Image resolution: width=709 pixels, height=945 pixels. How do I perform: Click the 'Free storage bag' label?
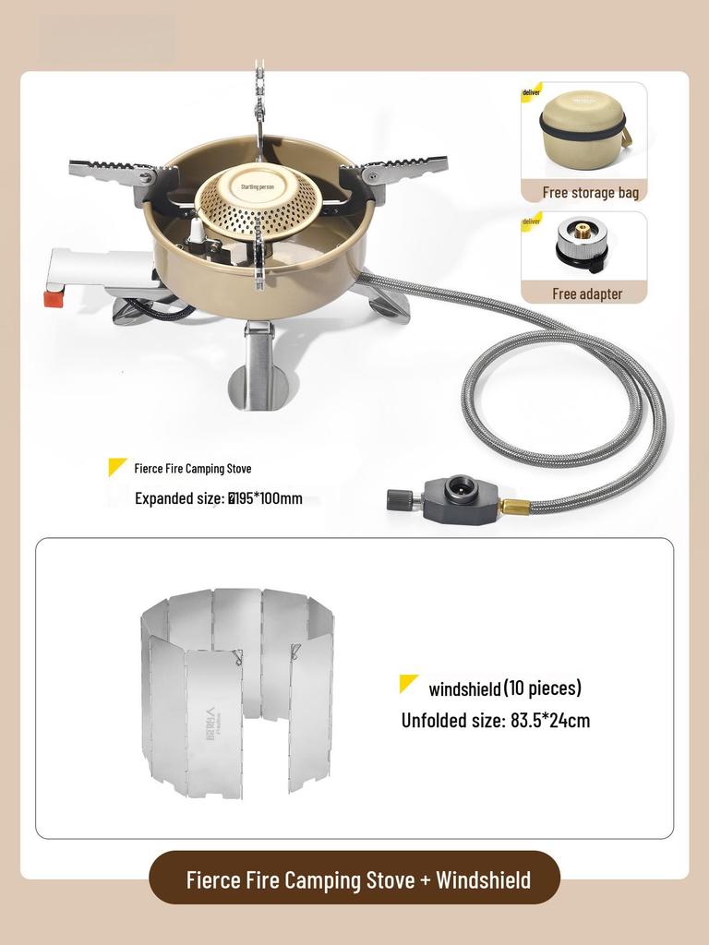pyautogui.click(x=591, y=193)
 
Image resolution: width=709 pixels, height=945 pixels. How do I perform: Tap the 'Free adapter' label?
pyautogui.click(x=587, y=294)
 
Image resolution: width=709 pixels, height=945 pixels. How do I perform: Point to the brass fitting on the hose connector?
pyautogui.click(x=514, y=506)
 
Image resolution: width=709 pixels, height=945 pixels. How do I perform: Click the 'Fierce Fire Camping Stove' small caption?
pyautogui.click(x=192, y=469)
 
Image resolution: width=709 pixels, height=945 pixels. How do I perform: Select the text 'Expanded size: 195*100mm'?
pyautogui.click(x=219, y=499)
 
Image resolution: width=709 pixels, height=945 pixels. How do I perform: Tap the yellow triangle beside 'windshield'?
pyautogui.click(x=408, y=684)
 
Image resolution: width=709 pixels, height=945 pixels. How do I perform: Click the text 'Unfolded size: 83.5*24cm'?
pyautogui.click(x=495, y=721)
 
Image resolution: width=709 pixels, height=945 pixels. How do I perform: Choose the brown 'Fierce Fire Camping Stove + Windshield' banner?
pyautogui.click(x=354, y=879)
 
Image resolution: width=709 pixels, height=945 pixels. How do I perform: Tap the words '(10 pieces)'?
pyautogui.click(x=543, y=688)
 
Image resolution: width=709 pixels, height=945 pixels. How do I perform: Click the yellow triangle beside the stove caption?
pyautogui.click(x=117, y=467)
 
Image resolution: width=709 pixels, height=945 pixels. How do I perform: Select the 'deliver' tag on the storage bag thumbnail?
pyautogui.click(x=532, y=92)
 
